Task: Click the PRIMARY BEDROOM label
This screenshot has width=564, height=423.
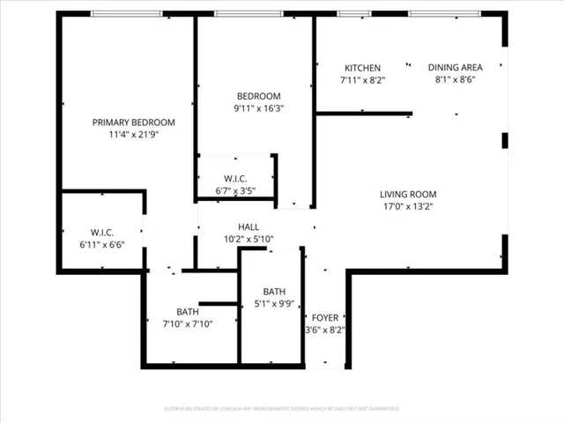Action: point(134,122)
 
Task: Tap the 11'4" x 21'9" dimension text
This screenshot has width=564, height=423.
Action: point(134,135)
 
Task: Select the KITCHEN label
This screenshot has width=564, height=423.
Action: point(362,68)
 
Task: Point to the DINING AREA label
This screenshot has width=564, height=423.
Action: point(456,68)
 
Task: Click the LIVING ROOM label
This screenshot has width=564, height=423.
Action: point(408,195)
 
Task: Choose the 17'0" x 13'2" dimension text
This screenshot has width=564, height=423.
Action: point(408,207)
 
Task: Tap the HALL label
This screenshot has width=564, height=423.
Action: point(249,226)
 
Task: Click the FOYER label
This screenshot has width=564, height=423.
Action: point(324,318)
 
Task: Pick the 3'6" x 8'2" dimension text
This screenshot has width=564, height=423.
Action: point(324,330)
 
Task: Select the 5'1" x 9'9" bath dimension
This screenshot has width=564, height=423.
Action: point(274,305)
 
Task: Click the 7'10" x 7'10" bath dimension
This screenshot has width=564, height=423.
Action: point(188,323)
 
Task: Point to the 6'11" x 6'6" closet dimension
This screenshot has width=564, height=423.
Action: point(103,245)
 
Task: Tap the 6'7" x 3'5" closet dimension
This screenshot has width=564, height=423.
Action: point(235,189)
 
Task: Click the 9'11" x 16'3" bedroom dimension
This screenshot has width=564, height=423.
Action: point(259,108)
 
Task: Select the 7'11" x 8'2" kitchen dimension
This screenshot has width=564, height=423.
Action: point(362,80)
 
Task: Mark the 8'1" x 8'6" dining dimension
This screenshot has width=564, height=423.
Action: point(456,80)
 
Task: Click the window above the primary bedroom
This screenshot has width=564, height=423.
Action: point(127,13)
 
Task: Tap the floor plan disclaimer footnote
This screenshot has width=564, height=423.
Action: point(282,409)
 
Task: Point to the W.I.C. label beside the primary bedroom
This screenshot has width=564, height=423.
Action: point(103,233)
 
